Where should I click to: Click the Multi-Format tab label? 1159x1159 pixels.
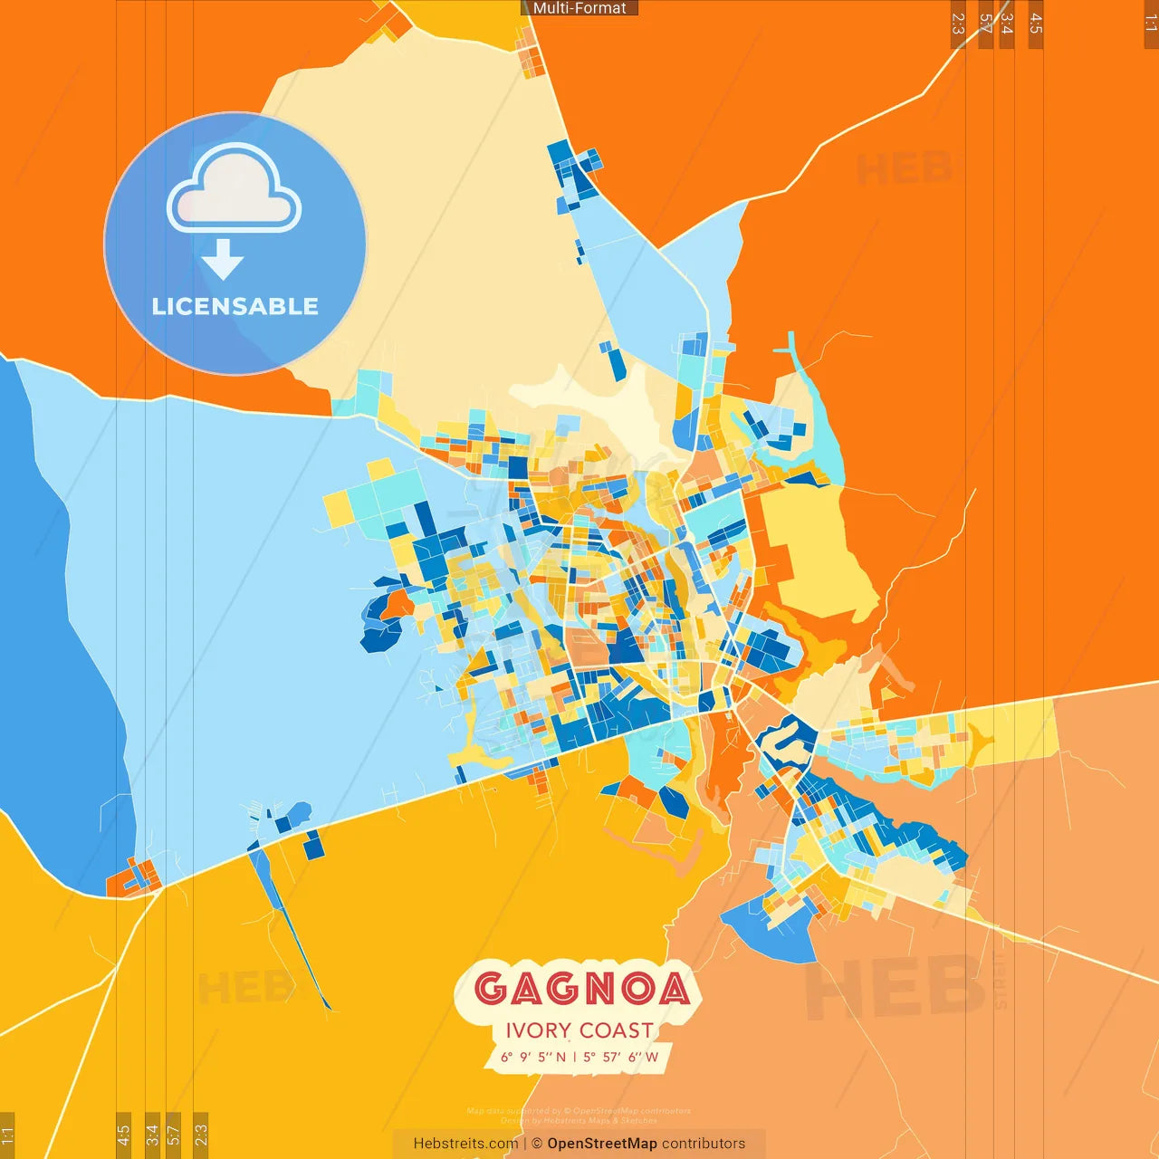[x=579, y=8]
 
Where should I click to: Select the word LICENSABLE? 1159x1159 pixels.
[x=235, y=307]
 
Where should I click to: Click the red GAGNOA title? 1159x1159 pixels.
[x=581, y=988]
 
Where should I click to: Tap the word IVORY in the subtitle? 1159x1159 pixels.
[x=538, y=1030]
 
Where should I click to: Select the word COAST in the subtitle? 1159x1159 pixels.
[x=616, y=1030]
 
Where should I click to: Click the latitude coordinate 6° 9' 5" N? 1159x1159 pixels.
[x=533, y=1057]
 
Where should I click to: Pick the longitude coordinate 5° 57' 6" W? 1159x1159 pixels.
[x=621, y=1057]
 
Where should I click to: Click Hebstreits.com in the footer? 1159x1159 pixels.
[x=465, y=1144]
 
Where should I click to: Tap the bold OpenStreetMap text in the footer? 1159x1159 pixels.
[x=602, y=1144]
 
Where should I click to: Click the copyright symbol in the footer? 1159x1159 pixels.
[x=537, y=1144]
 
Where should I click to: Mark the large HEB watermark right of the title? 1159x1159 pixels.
[x=892, y=987]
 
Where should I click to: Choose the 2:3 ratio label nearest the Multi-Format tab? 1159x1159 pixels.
[x=958, y=24]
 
